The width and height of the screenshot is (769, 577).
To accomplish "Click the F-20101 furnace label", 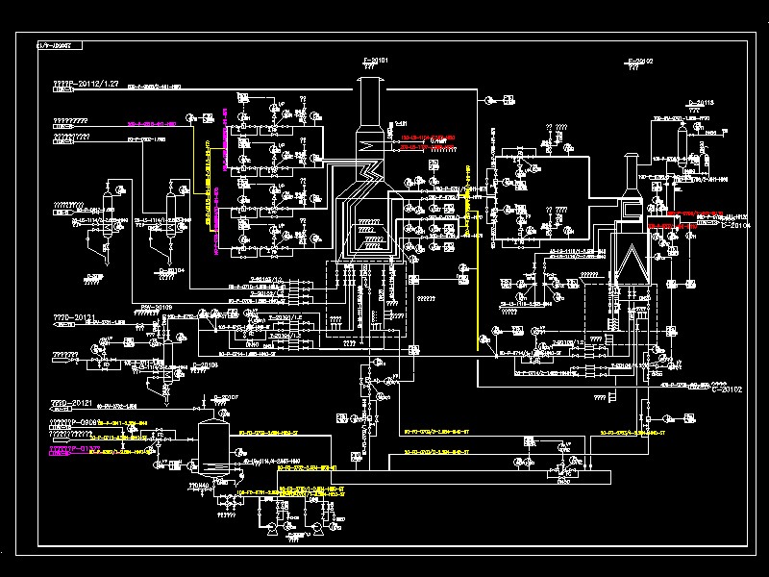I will coord(375,61).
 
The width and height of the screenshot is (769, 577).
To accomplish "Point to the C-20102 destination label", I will coord(728,389).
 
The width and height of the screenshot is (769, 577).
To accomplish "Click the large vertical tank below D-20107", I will coord(211,445).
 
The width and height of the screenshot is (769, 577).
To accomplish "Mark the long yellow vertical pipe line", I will coord(472,269).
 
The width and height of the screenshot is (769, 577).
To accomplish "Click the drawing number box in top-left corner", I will coord(59,45).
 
